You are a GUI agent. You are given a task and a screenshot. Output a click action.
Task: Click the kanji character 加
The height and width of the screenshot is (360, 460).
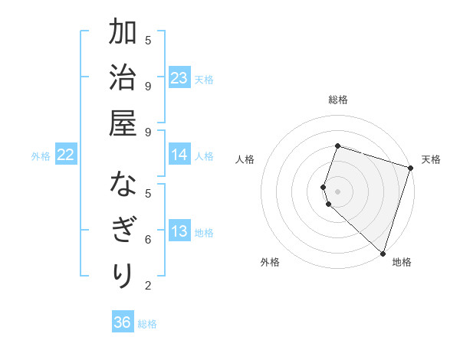pos(123,34)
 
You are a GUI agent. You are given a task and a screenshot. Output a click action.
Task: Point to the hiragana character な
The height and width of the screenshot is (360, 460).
pos(123,186)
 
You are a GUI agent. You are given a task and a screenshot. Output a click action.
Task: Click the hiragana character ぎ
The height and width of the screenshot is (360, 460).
pos(123,231)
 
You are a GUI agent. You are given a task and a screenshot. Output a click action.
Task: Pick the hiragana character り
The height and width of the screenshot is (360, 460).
pos(123,274)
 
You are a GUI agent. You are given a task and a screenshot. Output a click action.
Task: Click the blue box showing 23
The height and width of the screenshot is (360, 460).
pos(179,78)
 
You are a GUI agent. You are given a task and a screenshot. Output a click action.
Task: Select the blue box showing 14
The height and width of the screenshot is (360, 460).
pos(179,155)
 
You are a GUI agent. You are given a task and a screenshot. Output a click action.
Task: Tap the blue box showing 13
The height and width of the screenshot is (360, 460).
pos(179,232)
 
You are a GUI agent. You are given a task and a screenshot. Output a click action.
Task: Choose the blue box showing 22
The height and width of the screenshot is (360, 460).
pos(66,155)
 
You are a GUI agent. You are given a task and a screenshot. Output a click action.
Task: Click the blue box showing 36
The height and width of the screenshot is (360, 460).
pos(123,322)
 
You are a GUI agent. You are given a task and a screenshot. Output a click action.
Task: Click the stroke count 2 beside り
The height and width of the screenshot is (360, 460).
pos(148,286)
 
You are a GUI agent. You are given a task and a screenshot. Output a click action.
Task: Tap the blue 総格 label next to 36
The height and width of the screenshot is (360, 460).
pos(147,324)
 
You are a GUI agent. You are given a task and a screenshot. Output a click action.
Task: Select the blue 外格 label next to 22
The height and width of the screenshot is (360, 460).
pos(41,156)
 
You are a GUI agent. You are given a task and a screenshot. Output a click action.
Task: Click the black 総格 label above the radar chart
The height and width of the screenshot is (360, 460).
pos(338,100)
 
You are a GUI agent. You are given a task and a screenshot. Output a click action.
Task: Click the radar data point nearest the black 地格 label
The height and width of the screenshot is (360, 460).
pos(382,253)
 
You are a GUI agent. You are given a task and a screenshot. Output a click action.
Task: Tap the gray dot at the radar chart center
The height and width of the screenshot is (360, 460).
pos(338,191)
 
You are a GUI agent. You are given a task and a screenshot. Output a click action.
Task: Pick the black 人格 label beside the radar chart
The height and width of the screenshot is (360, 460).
pos(245,159)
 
